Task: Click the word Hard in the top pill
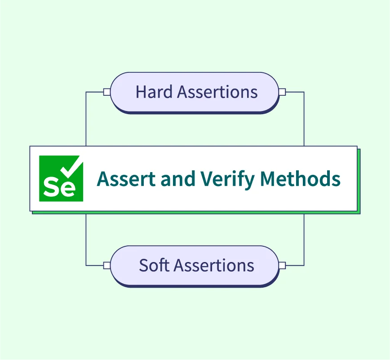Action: tap(154, 92)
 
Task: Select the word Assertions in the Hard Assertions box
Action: tap(217, 92)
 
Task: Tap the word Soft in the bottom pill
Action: tap(154, 265)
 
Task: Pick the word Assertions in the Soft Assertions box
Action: tap(214, 265)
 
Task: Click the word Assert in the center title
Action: tap(126, 178)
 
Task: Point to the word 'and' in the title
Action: tap(178, 178)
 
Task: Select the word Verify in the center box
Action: tap(228, 180)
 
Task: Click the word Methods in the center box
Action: tap(300, 178)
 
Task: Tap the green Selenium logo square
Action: tap(61, 178)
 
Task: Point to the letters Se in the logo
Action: tap(59, 187)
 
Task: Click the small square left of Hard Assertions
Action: tap(107, 92)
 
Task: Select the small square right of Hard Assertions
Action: tap(282, 92)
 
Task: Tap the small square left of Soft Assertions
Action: tap(107, 266)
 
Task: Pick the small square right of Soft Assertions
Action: tap(282, 266)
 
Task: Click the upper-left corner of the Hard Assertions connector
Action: tap(86, 92)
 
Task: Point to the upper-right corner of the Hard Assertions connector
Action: tap(304, 92)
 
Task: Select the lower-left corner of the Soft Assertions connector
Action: tap(86, 266)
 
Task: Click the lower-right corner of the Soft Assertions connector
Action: tap(304, 266)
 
